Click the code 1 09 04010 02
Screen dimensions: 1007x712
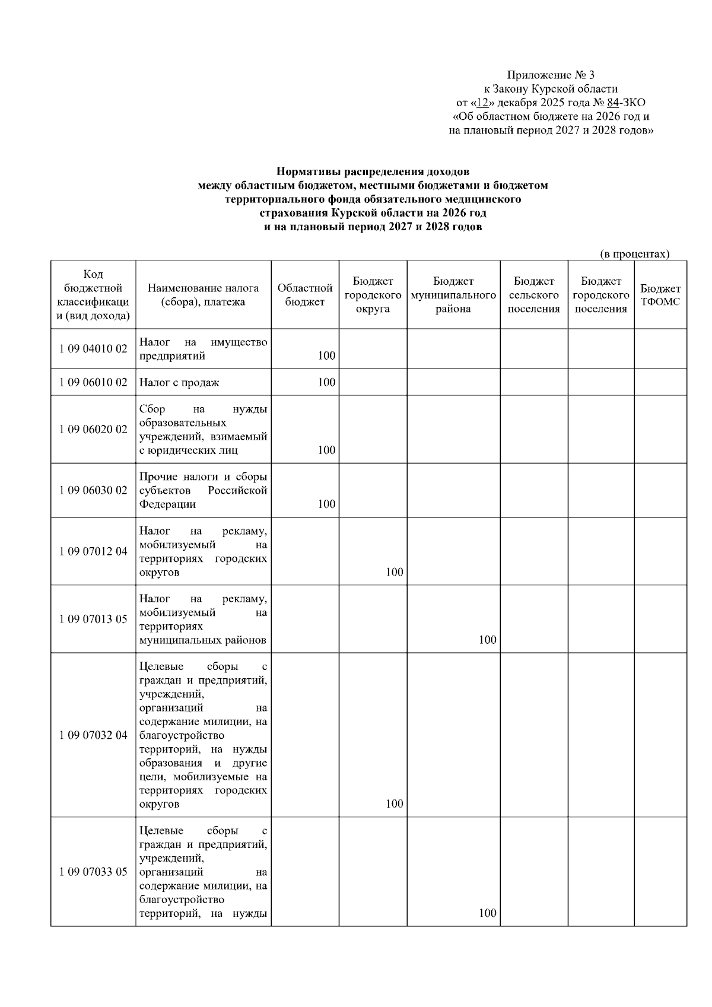coord(93,349)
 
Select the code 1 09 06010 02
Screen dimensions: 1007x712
coord(93,383)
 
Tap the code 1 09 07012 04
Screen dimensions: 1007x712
coord(93,551)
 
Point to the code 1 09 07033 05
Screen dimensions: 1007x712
coord(93,872)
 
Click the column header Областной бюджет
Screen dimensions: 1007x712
coord(305,295)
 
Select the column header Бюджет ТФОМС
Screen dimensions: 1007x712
coord(660,295)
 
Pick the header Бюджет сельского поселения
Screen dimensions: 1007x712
coord(534,295)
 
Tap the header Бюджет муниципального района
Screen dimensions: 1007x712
coord(453,295)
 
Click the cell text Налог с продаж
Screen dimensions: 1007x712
coord(179,383)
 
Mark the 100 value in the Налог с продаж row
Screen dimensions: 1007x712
coord(326,382)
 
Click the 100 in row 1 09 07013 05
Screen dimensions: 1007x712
coord(487,640)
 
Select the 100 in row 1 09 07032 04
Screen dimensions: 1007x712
coord(394,803)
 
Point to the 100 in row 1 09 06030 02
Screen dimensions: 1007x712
coord(326,504)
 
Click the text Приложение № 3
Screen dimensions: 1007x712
coord(550,75)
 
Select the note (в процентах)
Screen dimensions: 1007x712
coord(634,254)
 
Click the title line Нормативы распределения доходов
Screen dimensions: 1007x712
coord(373,172)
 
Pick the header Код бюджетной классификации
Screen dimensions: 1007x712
coord(93,295)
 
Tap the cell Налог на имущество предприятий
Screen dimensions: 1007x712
coord(203,349)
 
